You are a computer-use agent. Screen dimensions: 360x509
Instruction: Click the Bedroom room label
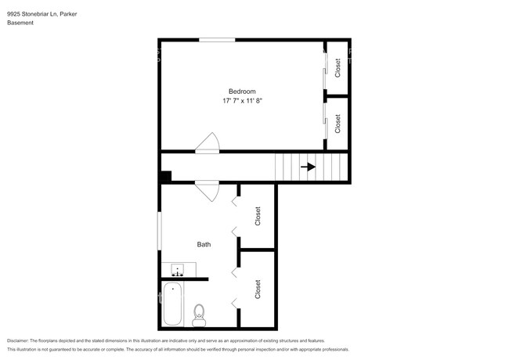[x=242, y=91]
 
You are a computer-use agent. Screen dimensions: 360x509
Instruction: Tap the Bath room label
[x=204, y=244]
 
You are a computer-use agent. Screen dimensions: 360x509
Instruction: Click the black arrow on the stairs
[x=309, y=167]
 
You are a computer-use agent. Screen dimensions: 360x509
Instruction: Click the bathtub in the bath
[x=172, y=305]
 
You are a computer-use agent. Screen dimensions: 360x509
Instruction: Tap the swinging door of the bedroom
[x=208, y=143]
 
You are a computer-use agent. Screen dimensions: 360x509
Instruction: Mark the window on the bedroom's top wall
[x=216, y=40]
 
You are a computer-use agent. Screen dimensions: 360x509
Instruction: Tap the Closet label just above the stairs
[x=338, y=124]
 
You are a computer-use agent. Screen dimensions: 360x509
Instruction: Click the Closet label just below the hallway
[x=257, y=217]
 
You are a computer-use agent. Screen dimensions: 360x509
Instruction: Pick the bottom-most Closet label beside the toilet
[x=257, y=289]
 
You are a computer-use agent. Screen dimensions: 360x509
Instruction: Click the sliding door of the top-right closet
[x=325, y=69]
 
